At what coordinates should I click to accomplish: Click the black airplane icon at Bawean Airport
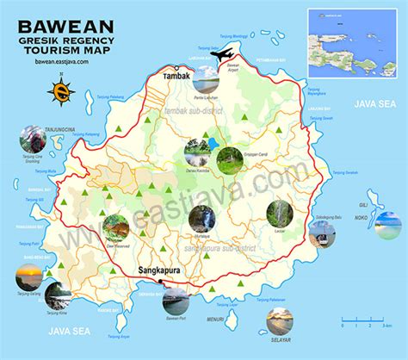[x=221, y=56]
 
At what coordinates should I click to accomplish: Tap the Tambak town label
[x=176, y=76]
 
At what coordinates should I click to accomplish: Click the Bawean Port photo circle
[x=176, y=303]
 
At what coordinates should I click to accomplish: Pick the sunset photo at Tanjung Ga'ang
[x=28, y=278]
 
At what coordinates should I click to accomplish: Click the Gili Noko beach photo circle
[x=388, y=225]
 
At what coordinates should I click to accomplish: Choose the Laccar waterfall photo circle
[x=279, y=213]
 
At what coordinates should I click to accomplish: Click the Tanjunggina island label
[x=36, y=121]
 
